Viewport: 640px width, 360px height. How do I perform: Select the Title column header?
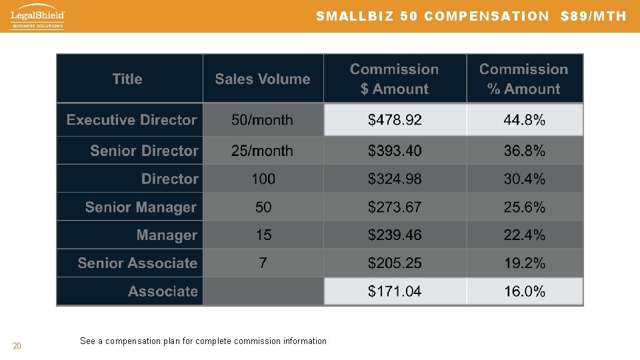(x=127, y=79)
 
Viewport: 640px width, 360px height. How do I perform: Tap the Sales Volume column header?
(x=263, y=79)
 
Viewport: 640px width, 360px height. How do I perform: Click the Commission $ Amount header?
(x=395, y=79)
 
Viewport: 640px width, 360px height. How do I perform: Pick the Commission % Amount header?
(x=524, y=79)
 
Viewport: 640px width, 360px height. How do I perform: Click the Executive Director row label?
(x=131, y=120)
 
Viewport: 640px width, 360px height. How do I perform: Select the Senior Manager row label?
(x=141, y=207)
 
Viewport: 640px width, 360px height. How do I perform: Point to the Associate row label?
(x=163, y=291)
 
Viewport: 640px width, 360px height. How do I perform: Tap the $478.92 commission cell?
(x=395, y=120)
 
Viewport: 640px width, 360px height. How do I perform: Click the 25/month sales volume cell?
(x=262, y=151)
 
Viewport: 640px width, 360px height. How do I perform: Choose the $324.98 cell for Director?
(x=395, y=179)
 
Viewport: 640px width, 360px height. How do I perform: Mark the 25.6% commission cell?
(x=525, y=207)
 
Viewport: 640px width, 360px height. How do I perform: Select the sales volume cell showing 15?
(x=263, y=235)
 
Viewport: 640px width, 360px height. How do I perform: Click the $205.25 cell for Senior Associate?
(x=395, y=263)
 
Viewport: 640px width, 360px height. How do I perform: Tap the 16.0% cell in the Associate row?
(x=525, y=291)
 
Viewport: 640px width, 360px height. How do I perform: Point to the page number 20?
(x=17, y=345)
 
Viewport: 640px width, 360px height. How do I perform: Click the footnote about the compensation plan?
(x=203, y=341)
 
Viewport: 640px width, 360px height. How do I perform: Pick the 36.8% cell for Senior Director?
(x=525, y=151)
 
